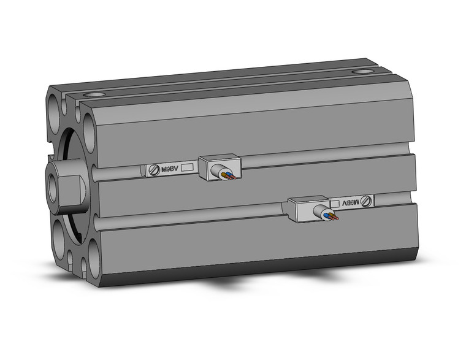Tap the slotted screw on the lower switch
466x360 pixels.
(366, 200)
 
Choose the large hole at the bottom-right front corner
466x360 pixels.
(94, 253)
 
